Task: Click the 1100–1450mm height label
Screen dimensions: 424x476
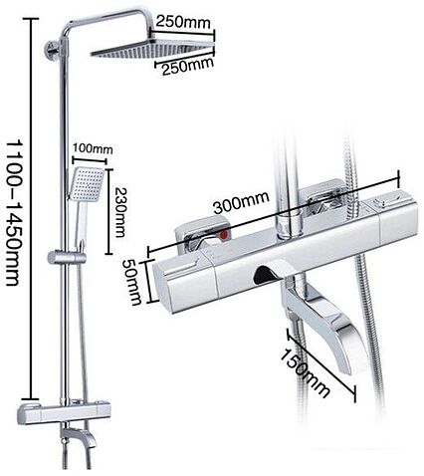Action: (15, 212)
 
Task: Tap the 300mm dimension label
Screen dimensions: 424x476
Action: (241, 202)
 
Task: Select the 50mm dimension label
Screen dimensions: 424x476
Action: (132, 282)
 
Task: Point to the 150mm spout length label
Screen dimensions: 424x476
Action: (304, 373)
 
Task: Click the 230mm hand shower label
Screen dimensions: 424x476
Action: (120, 212)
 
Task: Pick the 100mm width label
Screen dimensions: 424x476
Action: (93, 148)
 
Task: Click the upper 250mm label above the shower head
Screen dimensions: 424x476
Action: (183, 23)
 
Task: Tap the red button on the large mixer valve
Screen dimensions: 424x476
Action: (225, 236)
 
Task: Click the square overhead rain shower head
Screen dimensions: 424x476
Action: (152, 49)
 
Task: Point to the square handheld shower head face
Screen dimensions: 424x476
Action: (87, 184)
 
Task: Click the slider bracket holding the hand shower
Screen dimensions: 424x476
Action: (67, 258)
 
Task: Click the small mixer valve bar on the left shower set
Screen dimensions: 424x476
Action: (63, 413)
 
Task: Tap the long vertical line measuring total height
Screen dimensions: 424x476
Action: (33, 209)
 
